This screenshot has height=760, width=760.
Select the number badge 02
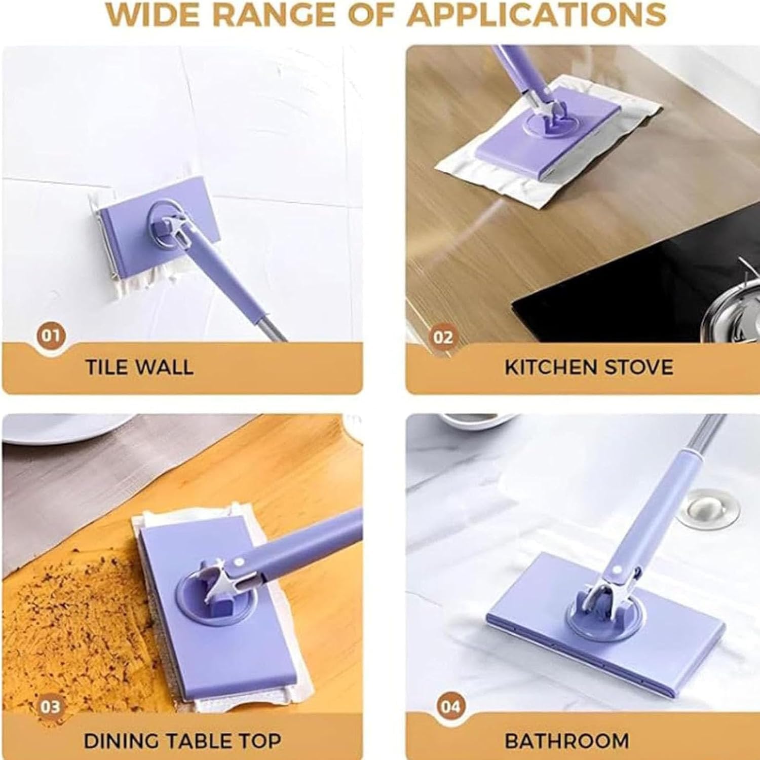[x=443, y=337]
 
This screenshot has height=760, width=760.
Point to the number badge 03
[x=50, y=707]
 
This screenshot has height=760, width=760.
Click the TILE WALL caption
[x=139, y=367]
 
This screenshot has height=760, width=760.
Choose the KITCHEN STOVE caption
[x=589, y=367]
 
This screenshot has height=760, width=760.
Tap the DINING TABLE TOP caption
[x=182, y=741]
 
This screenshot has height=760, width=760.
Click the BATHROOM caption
[x=567, y=741]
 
